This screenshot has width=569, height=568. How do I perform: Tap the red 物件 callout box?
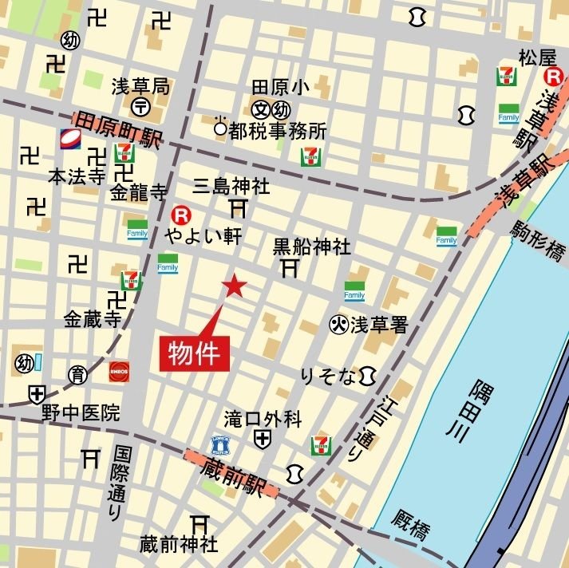tap(196, 352)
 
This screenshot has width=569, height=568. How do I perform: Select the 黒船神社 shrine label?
tap(311, 247)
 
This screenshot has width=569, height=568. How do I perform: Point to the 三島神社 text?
tap(231, 187)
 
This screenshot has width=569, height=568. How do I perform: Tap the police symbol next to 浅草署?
tap(339, 324)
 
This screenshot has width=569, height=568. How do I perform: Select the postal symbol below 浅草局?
tap(140, 106)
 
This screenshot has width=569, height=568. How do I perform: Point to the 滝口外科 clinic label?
tap(263, 417)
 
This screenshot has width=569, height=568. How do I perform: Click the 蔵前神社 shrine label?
tap(178, 545)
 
